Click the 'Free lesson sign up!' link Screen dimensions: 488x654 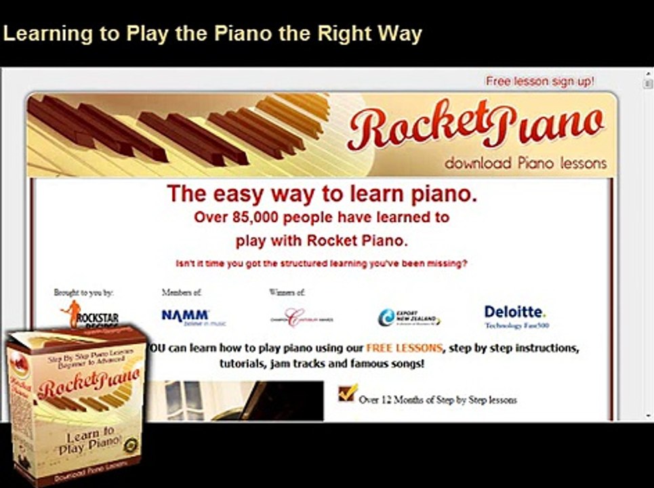pos(539,81)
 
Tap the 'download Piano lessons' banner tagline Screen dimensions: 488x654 pos(525,163)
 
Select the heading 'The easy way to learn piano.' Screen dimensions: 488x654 pos(322,194)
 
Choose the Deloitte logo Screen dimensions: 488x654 pos(515,312)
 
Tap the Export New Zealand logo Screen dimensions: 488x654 pos(408,317)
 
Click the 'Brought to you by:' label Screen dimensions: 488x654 pos(83,293)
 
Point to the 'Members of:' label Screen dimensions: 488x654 pos(182,293)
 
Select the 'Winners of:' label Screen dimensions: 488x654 pos(287,293)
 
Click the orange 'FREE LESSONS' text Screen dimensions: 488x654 pos(404,349)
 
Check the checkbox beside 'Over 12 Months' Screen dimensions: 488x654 pos(347,393)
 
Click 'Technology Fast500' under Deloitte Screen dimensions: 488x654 pos(516,326)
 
